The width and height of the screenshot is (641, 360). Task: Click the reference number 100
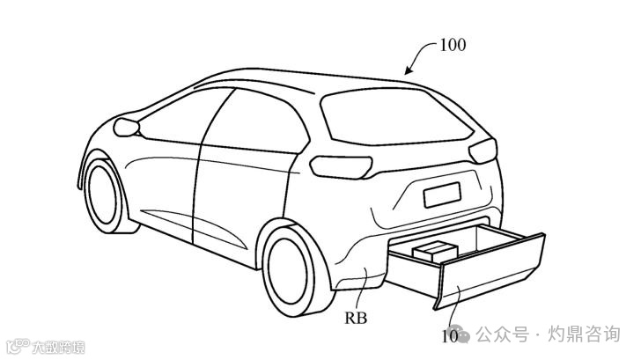(x=452, y=43)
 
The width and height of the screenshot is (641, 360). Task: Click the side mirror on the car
(x=129, y=129)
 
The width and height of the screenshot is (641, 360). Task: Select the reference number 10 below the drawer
(x=449, y=334)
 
